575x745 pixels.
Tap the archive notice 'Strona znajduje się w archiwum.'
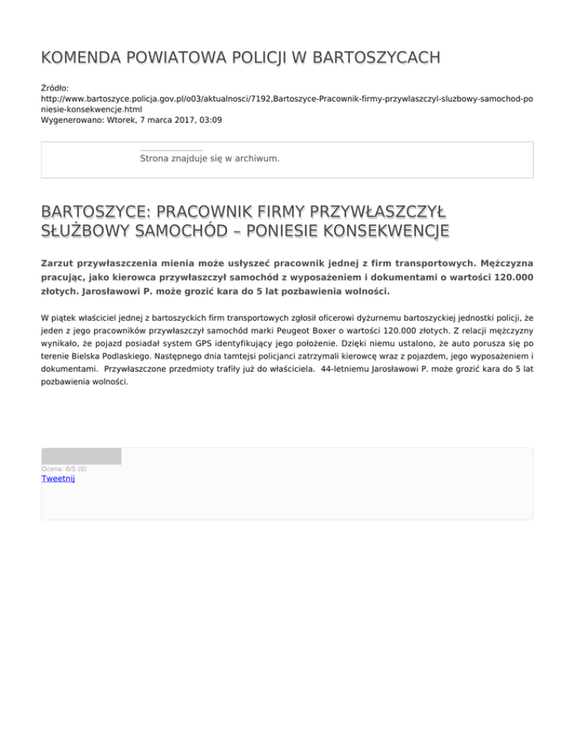pos(210,159)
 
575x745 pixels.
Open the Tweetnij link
pos(58,479)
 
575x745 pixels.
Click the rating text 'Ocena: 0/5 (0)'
pos(64,469)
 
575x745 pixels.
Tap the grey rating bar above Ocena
pos(81,456)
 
